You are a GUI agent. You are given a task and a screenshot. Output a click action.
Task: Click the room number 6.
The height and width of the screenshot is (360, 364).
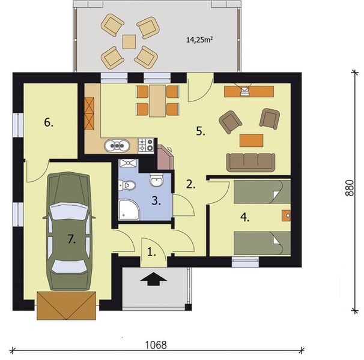coord(49,122)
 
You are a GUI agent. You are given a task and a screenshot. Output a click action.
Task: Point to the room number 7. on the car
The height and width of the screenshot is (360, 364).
coord(71,239)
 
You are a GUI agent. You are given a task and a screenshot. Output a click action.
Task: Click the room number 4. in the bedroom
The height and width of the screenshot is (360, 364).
coord(244,217)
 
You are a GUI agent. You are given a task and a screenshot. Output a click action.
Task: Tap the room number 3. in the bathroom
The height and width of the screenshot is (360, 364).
coord(156,201)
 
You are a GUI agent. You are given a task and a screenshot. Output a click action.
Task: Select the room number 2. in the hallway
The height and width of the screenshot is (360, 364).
coord(190,184)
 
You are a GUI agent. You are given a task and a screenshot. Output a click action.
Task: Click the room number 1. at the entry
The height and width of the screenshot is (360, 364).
coord(151,253)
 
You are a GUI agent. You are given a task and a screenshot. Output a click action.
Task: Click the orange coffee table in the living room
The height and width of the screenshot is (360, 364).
coord(251,140)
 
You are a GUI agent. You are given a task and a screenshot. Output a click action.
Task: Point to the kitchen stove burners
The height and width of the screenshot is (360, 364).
coord(146,144)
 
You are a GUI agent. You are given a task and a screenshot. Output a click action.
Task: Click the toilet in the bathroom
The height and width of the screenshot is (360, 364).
coord(157,180)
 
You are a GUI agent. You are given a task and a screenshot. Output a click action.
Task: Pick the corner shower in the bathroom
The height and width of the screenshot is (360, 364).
coord(128,209)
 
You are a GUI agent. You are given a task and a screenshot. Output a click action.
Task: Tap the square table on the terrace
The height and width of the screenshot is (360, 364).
coord(129,41)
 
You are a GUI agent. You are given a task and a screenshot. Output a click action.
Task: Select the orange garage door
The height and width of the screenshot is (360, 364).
coord(67,305)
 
